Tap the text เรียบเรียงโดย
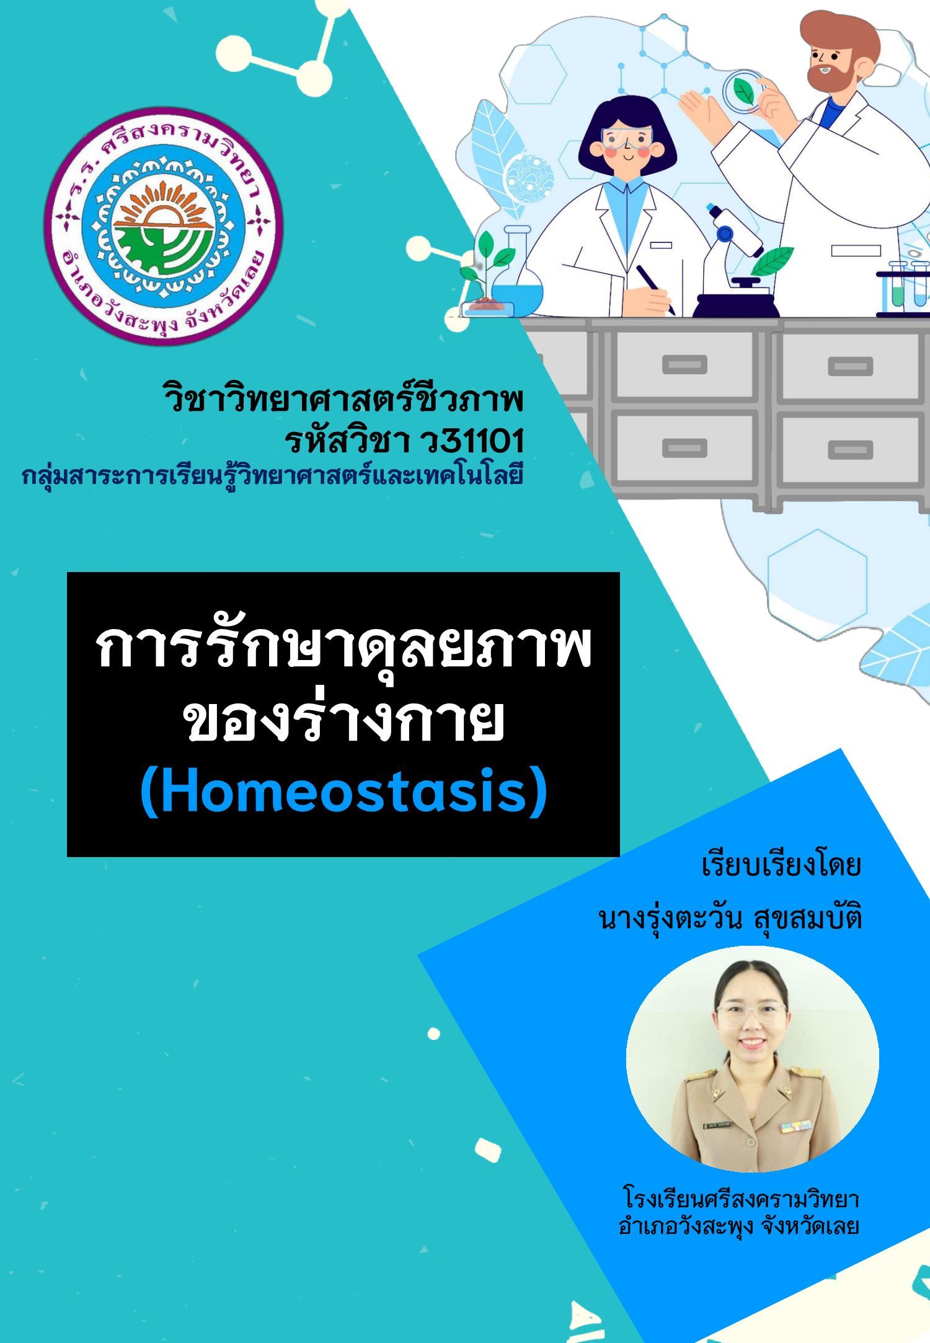pyautogui.click(x=781, y=865)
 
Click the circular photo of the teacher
pyautogui.click(x=752, y=1059)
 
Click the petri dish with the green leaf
pyautogui.click(x=743, y=90)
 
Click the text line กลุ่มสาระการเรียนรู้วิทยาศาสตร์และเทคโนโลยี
pyautogui.click(x=273, y=477)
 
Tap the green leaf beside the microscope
pyautogui.click(x=772, y=260)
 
